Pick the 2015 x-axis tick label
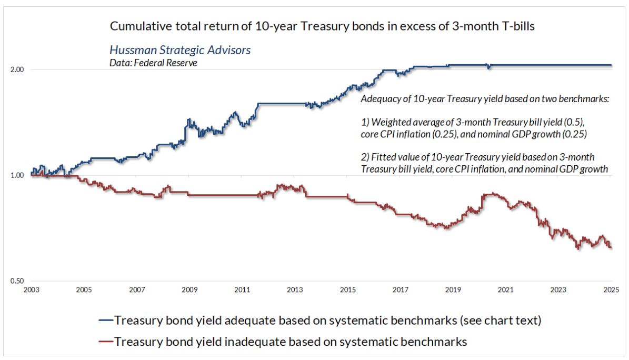pyautogui.click(x=347, y=290)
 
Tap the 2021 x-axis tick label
pyautogui.click(x=506, y=290)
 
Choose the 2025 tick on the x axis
pyautogui.click(x=611, y=290)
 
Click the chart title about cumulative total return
pyautogui.click(x=322, y=26)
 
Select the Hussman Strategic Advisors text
pyautogui.click(x=179, y=51)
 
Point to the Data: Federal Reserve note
pyautogui.click(x=146, y=62)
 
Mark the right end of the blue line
pyautogui.click(x=611, y=65)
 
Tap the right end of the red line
pyautogui.click(x=611, y=248)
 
